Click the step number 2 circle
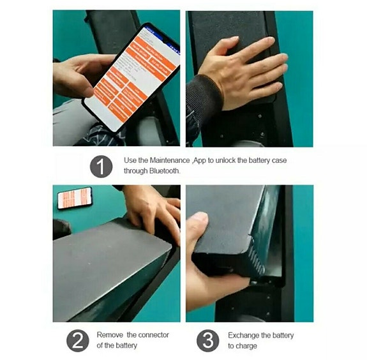(x=77, y=340)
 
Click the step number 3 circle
(x=207, y=340)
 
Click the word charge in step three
(x=247, y=346)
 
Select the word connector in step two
(x=151, y=335)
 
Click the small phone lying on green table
(x=74, y=198)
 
